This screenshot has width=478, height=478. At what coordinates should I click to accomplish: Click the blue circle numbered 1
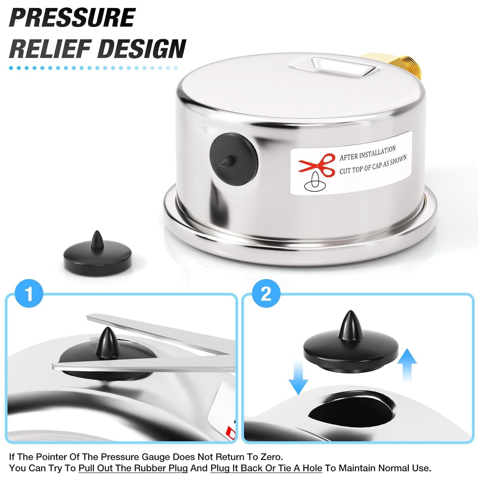pos(29,294)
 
